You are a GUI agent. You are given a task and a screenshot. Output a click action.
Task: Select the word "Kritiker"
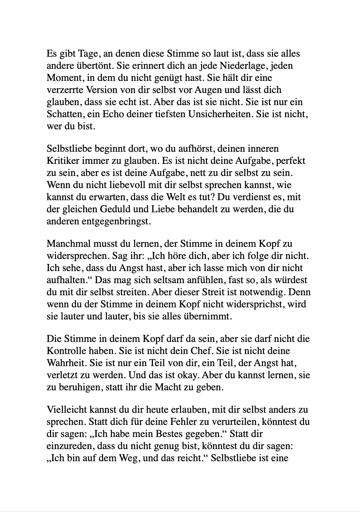coord(61,161)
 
